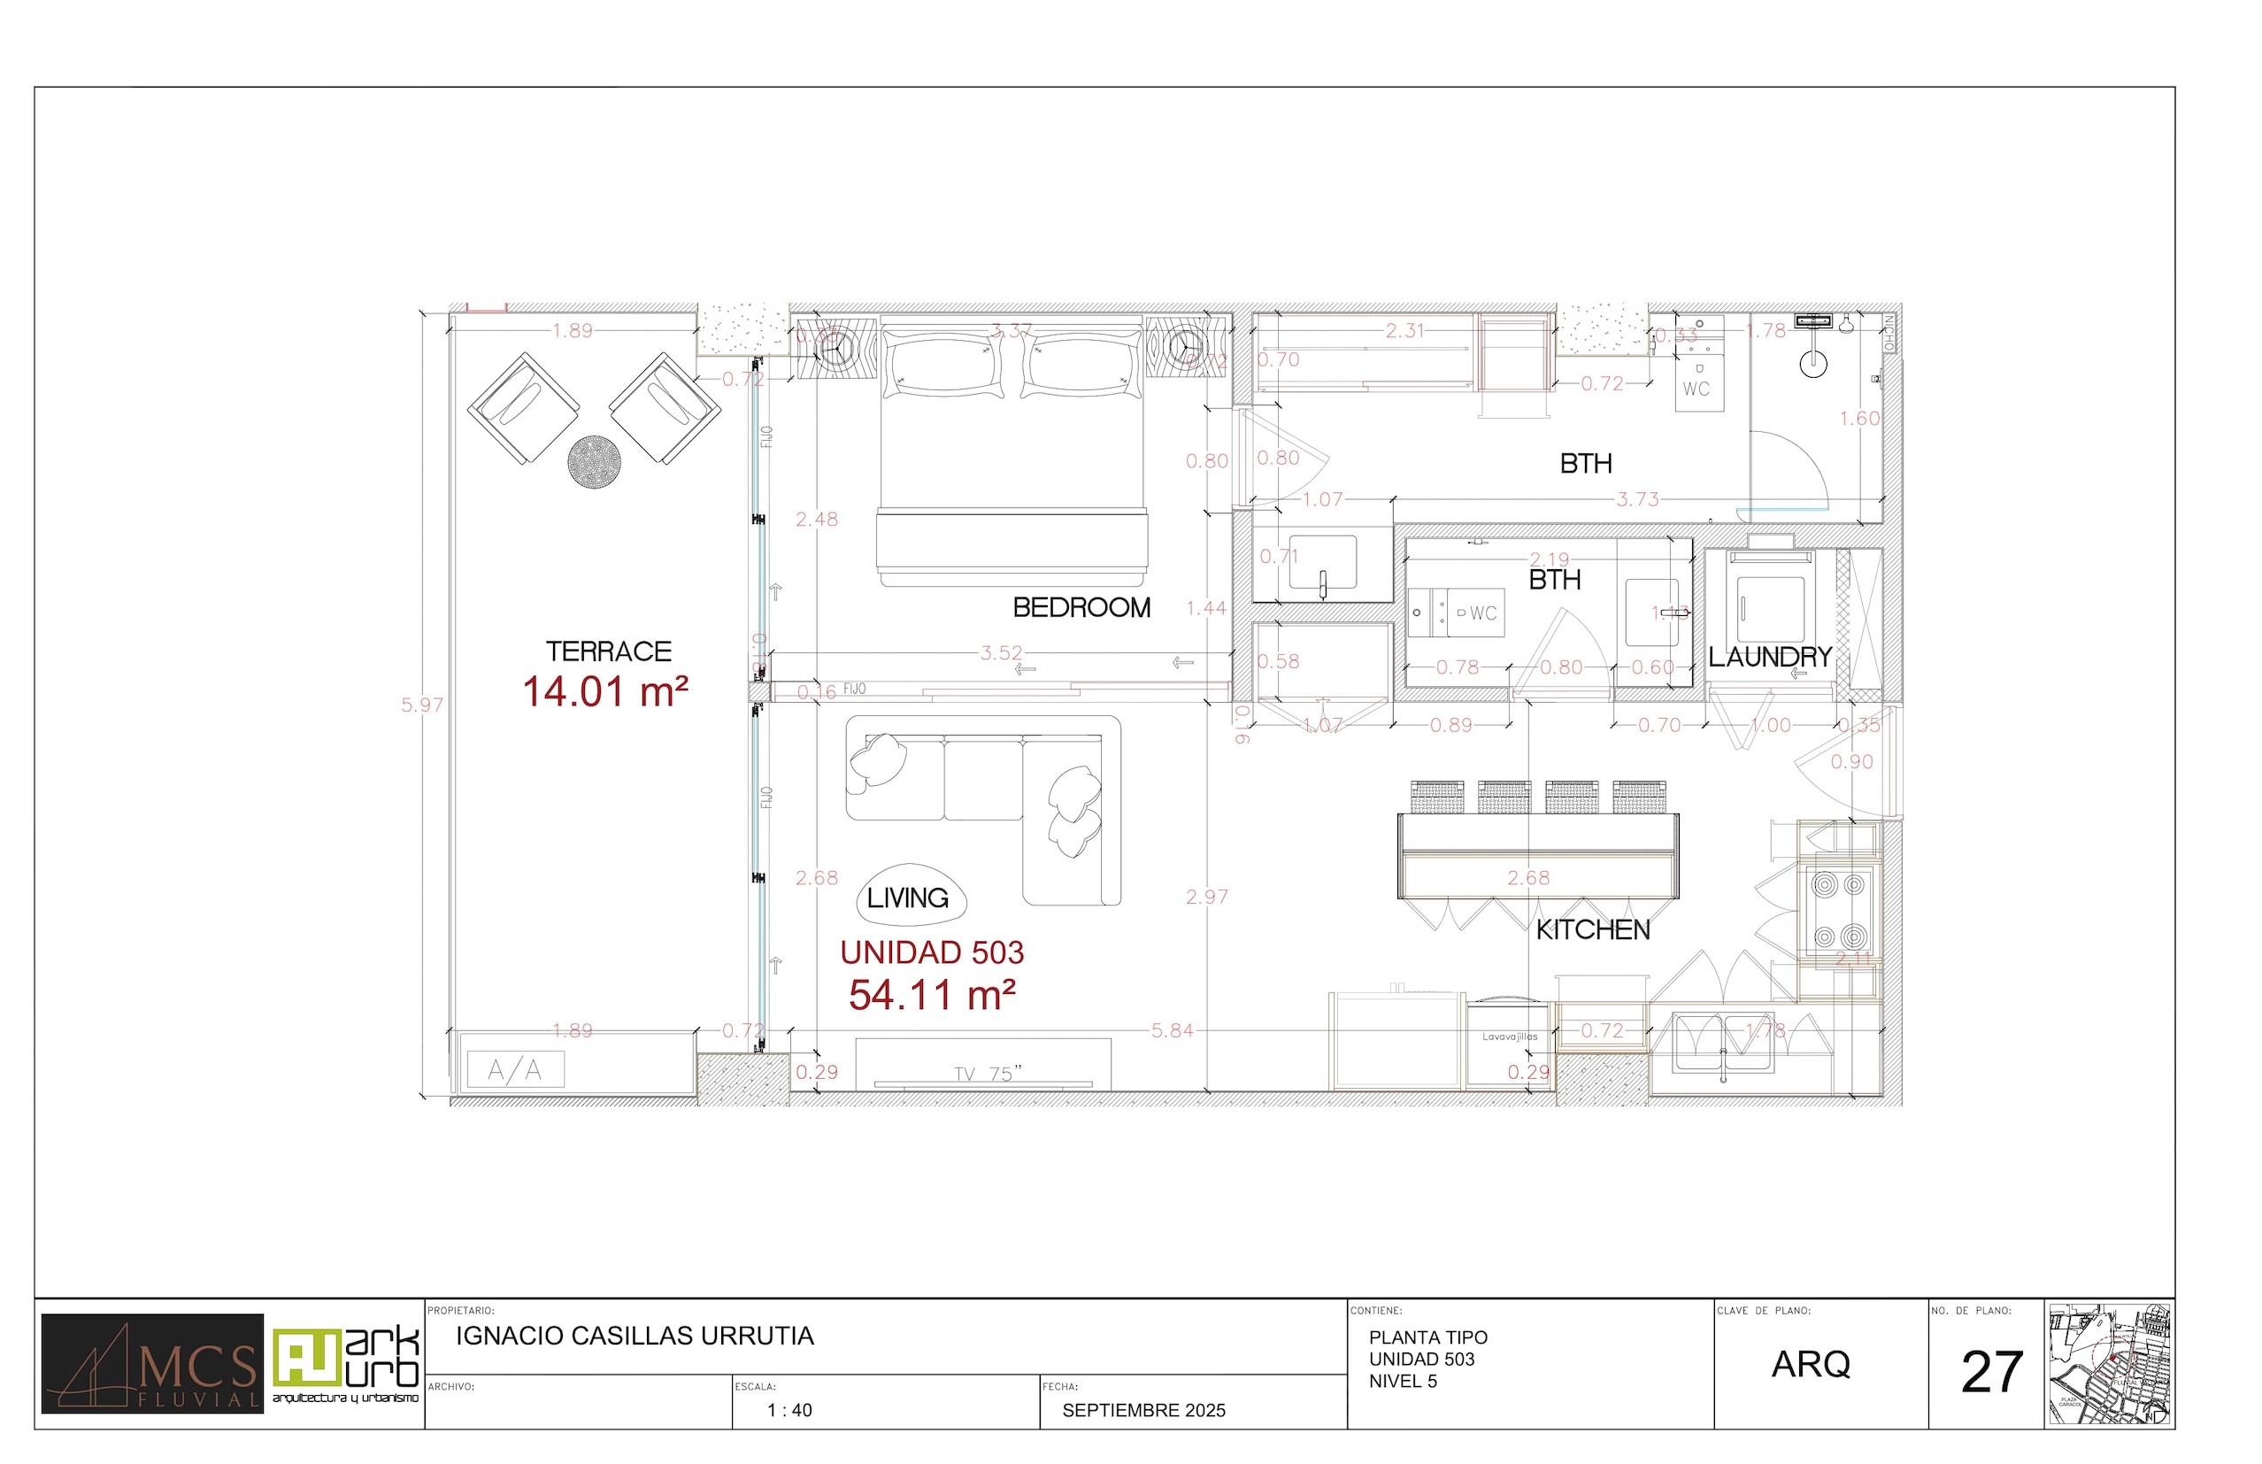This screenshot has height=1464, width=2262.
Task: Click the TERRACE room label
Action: (608, 651)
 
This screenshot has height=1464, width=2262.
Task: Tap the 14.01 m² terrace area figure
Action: (605, 692)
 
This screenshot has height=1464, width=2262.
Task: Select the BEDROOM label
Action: (1081, 607)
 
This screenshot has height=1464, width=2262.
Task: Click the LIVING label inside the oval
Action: (908, 898)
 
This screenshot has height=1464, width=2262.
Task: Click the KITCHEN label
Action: (1593, 929)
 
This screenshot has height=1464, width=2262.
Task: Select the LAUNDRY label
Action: (1770, 657)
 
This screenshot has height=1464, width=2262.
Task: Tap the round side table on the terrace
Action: (594, 462)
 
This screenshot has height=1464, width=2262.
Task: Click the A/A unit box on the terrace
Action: (515, 1070)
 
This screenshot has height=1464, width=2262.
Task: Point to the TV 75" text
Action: (988, 1075)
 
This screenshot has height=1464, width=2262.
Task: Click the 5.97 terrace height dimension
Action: (421, 705)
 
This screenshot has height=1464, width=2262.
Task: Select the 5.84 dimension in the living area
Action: (1171, 1030)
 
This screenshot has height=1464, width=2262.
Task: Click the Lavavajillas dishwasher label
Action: (1509, 1037)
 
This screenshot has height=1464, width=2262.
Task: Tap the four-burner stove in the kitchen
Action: (1838, 911)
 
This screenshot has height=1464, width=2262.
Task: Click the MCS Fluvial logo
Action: (152, 1363)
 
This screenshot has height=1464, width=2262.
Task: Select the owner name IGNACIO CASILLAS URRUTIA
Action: (635, 1336)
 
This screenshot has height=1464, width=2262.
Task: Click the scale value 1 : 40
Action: (789, 1411)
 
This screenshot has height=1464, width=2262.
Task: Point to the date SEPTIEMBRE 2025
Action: (1143, 1411)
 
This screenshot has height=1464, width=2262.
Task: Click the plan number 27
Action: (1991, 1373)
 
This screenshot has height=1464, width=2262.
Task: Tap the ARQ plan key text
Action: (1811, 1364)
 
